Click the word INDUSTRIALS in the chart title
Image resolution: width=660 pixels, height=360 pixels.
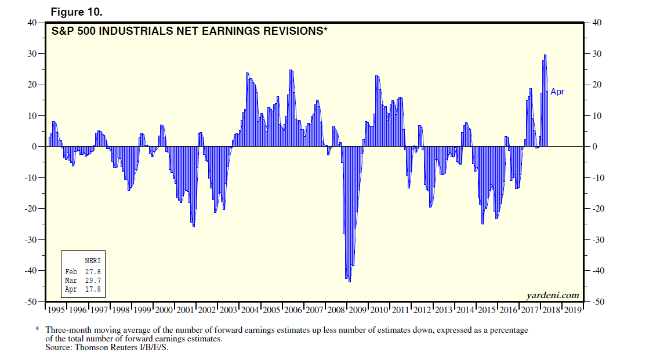click(129, 31)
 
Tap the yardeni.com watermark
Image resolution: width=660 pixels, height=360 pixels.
click(553, 295)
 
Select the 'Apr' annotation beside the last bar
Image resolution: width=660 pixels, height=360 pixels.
click(557, 92)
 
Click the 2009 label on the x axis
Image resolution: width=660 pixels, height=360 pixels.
click(358, 310)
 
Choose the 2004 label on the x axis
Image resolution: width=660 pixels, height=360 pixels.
click(250, 310)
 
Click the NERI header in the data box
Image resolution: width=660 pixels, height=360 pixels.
click(92, 261)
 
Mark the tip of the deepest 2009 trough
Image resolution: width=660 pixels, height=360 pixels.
click(349, 282)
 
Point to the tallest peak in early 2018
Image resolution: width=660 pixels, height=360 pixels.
click(545, 55)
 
